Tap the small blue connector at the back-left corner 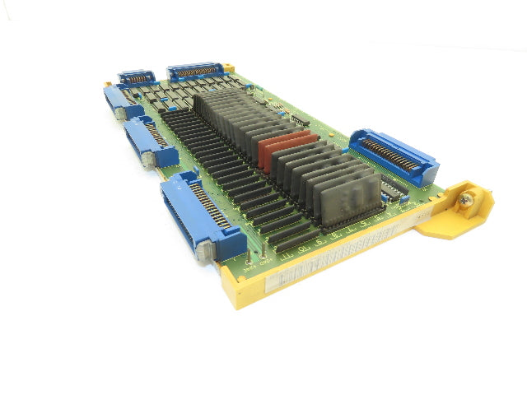coord(137,79)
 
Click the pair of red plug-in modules coord(284,149)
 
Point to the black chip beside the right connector coord(394,188)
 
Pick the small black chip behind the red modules coord(299,120)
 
